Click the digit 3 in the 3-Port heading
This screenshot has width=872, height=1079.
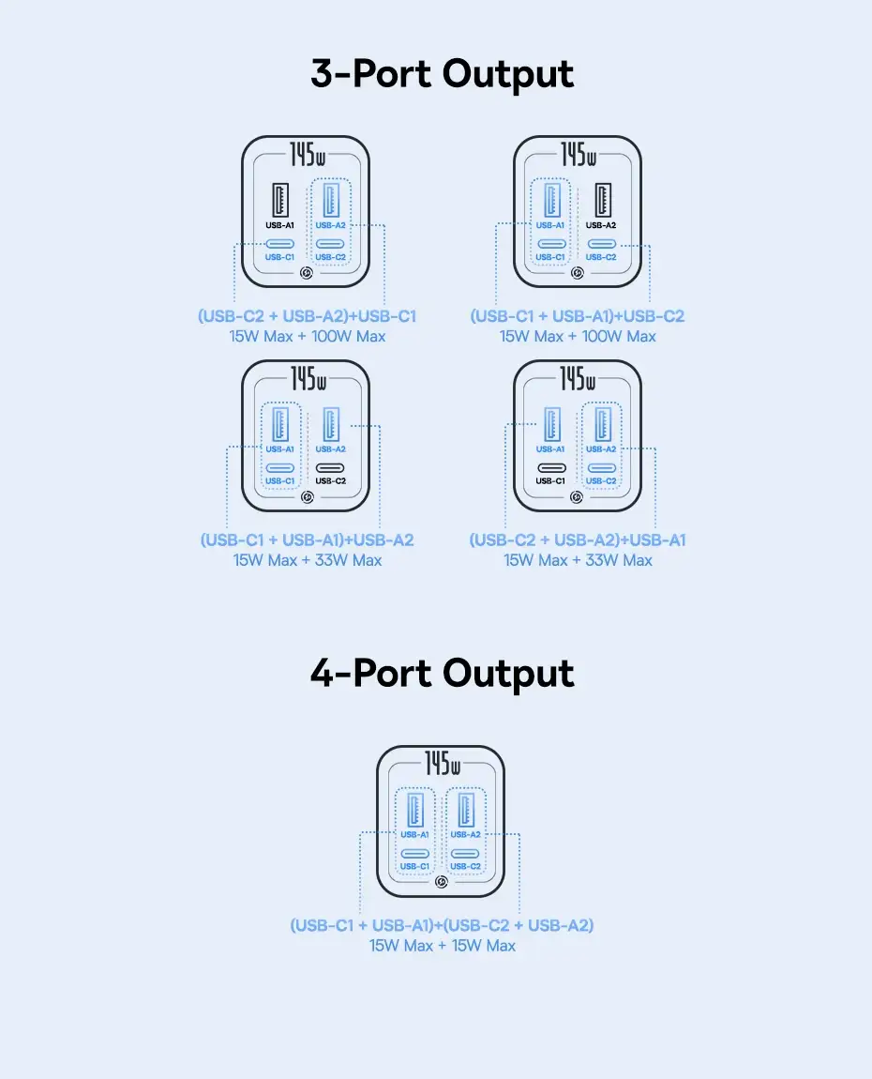tap(322, 73)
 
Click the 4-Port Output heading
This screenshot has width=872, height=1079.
tap(443, 674)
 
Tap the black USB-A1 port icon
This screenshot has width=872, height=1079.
tap(280, 200)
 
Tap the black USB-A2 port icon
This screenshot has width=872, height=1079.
tap(603, 200)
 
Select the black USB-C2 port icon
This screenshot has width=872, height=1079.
tap(330, 468)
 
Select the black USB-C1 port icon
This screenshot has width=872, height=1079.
tap(551, 468)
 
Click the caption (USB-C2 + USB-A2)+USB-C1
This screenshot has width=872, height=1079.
tap(307, 316)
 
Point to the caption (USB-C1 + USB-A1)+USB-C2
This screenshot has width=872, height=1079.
tap(578, 316)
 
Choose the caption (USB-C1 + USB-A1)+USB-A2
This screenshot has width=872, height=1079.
tap(308, 540)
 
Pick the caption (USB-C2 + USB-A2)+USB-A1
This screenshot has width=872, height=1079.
tap(578, 540)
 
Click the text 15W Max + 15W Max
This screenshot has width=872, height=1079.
tap(443, 946)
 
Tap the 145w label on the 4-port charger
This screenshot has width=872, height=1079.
tap(443, 764)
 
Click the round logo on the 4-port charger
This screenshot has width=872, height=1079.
tap(442, 882)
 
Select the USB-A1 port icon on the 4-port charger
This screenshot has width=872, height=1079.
tap(414, 809)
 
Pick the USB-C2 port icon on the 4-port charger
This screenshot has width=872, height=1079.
tap(466, 854)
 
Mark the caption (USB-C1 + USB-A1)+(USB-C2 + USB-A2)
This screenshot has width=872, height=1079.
tap(442, 925)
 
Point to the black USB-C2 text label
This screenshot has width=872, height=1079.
tap(331, 481)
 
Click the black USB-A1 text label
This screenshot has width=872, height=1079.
tap(280, 225)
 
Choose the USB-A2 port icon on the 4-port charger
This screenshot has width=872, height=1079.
tap(466, 809)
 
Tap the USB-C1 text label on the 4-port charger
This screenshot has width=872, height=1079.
tap(414, 866)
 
